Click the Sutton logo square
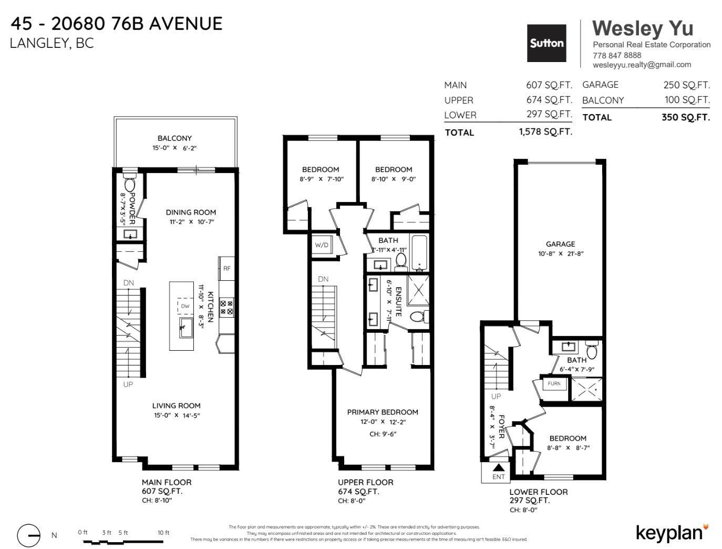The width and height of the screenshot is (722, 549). point(546,43)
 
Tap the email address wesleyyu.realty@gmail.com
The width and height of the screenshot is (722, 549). point(642,65)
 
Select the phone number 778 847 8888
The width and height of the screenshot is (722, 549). point(616,55)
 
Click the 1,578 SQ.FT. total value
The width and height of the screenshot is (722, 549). point(545,132)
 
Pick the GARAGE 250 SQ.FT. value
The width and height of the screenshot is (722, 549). point(686,85)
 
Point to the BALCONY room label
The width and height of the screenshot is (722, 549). point(174,138)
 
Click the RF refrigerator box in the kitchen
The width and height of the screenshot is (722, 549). point(226,268)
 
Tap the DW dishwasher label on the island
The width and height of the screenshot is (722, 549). point(185,306)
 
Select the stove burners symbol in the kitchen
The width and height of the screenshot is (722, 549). point(226,307)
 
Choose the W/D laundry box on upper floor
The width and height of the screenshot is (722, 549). point(322,245)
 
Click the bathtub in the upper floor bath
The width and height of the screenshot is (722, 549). point(419,253)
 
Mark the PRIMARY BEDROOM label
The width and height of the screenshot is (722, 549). point(383,412)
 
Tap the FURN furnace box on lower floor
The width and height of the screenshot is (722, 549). point(554,384)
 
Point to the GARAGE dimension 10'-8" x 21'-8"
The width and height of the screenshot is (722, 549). point(560,253)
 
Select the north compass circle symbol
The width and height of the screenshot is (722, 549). point(28,535)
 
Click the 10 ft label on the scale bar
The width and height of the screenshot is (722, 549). point(163,533)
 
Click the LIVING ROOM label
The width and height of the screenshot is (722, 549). point(176,405)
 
